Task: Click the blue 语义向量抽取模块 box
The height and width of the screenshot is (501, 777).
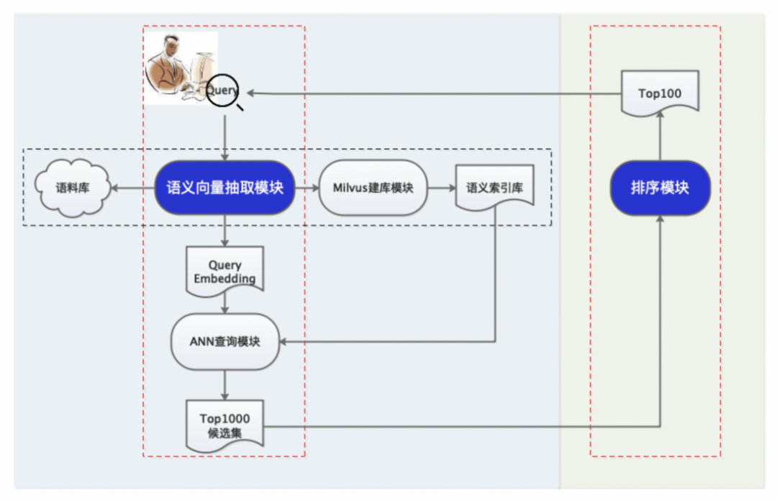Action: pyautogui.click(x=225, y=188)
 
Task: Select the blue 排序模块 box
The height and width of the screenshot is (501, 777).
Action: pyautogui.click(x=660, y=188)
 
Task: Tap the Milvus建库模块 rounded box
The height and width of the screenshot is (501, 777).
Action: pyautogui.click(x=373, y=188)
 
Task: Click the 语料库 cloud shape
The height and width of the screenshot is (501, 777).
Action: pyautogui.click(x=73, y=188)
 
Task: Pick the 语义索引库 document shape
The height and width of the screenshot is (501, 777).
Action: pyautogui.click(x=494, y=188)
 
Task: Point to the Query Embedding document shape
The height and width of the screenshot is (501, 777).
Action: pyautogui.click(x=224, y=271)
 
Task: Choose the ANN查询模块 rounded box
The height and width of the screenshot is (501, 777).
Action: pyautogui.click(x=225, y=341)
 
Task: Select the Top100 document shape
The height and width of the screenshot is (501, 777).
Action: pyautogui.click(x=660, y=93)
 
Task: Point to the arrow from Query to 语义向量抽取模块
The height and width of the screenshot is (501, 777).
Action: pyautogui.click(x=224, y=138)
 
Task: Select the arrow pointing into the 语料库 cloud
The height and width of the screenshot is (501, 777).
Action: pyautogui.click(x=133, y=188)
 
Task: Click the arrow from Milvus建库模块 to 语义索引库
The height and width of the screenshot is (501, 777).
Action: pyautogui.click(x=442, y=188)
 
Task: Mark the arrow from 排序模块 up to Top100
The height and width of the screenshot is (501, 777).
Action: pyautogui.click(x=660, y=135)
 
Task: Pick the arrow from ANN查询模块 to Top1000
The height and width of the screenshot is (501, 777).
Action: pyautogui.click(x=224, y=385)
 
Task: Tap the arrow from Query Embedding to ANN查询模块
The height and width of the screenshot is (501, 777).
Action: pyautogui.click(x=224, y=303)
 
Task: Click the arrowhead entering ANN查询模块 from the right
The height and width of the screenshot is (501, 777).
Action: pyautogui.click(x=283, y=341)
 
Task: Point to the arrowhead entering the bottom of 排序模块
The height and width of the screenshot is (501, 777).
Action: pyautogui.click(x=660, y=219)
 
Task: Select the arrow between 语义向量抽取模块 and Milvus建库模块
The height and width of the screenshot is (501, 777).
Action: pyautogui.click(x=307, y=188)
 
